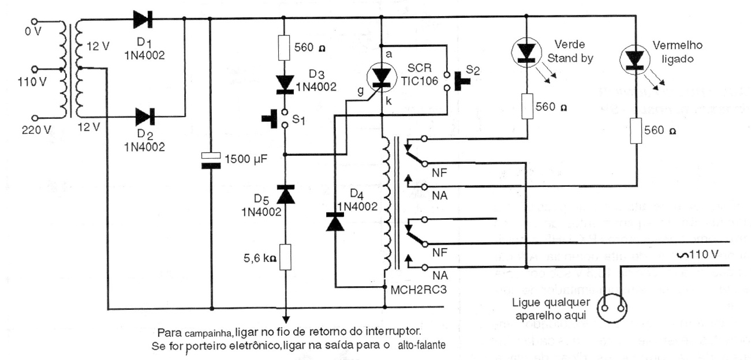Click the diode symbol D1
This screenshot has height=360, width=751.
pyautogui.click(x=143, y=18)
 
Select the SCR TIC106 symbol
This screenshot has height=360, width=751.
pyautogui.click(x=382, y=77)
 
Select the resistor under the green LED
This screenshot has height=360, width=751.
pyautogui.click(x=526, y=107)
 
